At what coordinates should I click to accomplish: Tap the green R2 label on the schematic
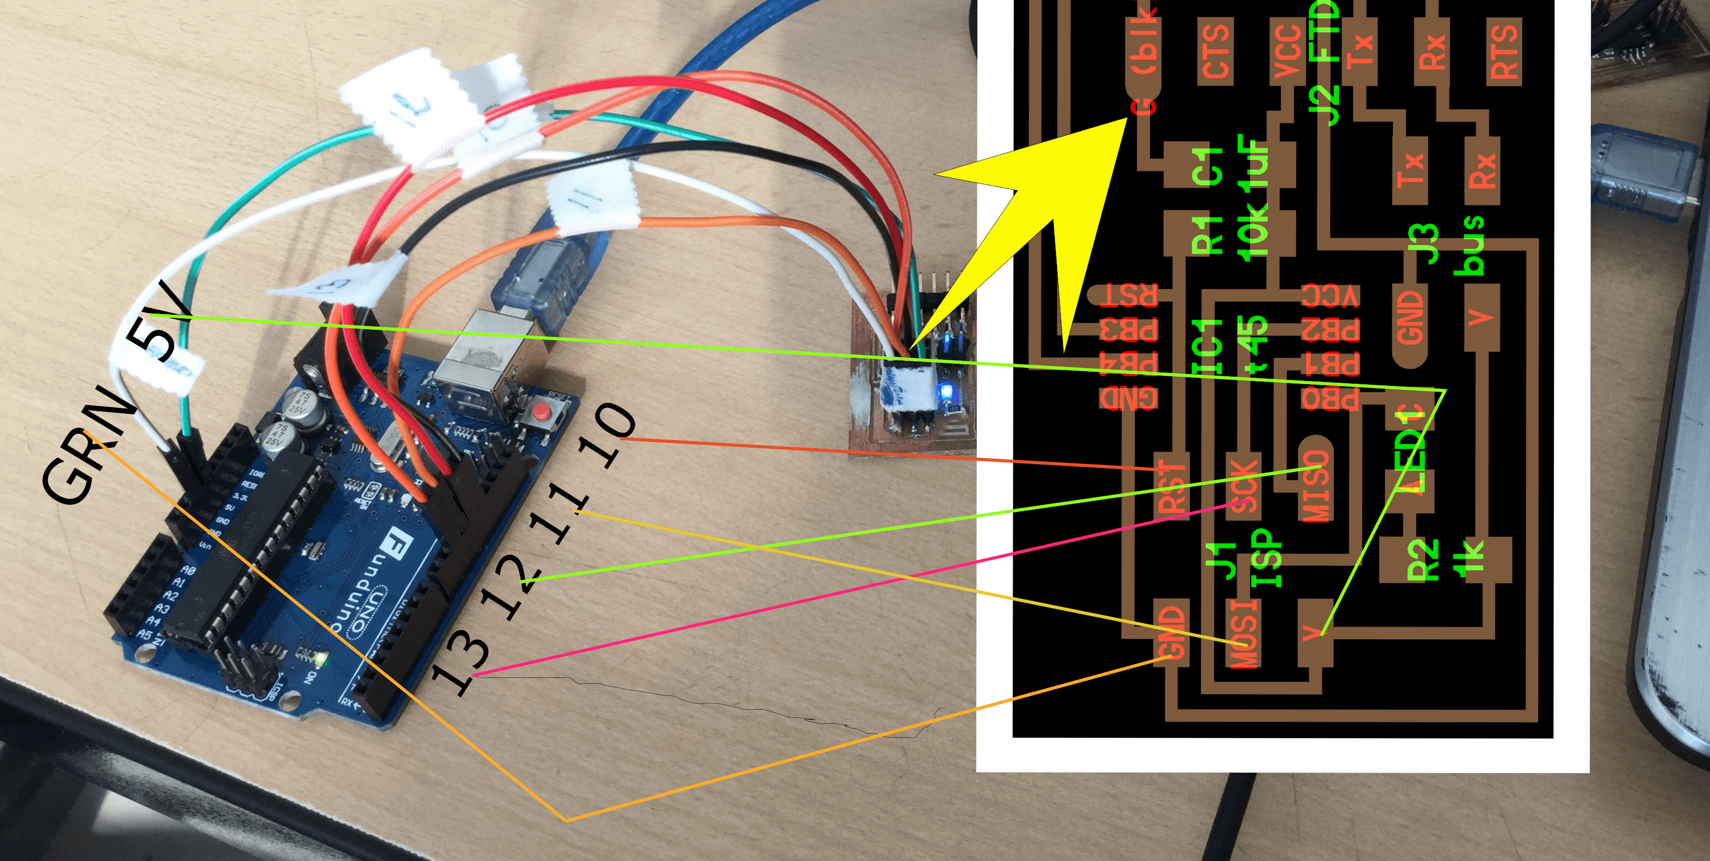click(1421, 561)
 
